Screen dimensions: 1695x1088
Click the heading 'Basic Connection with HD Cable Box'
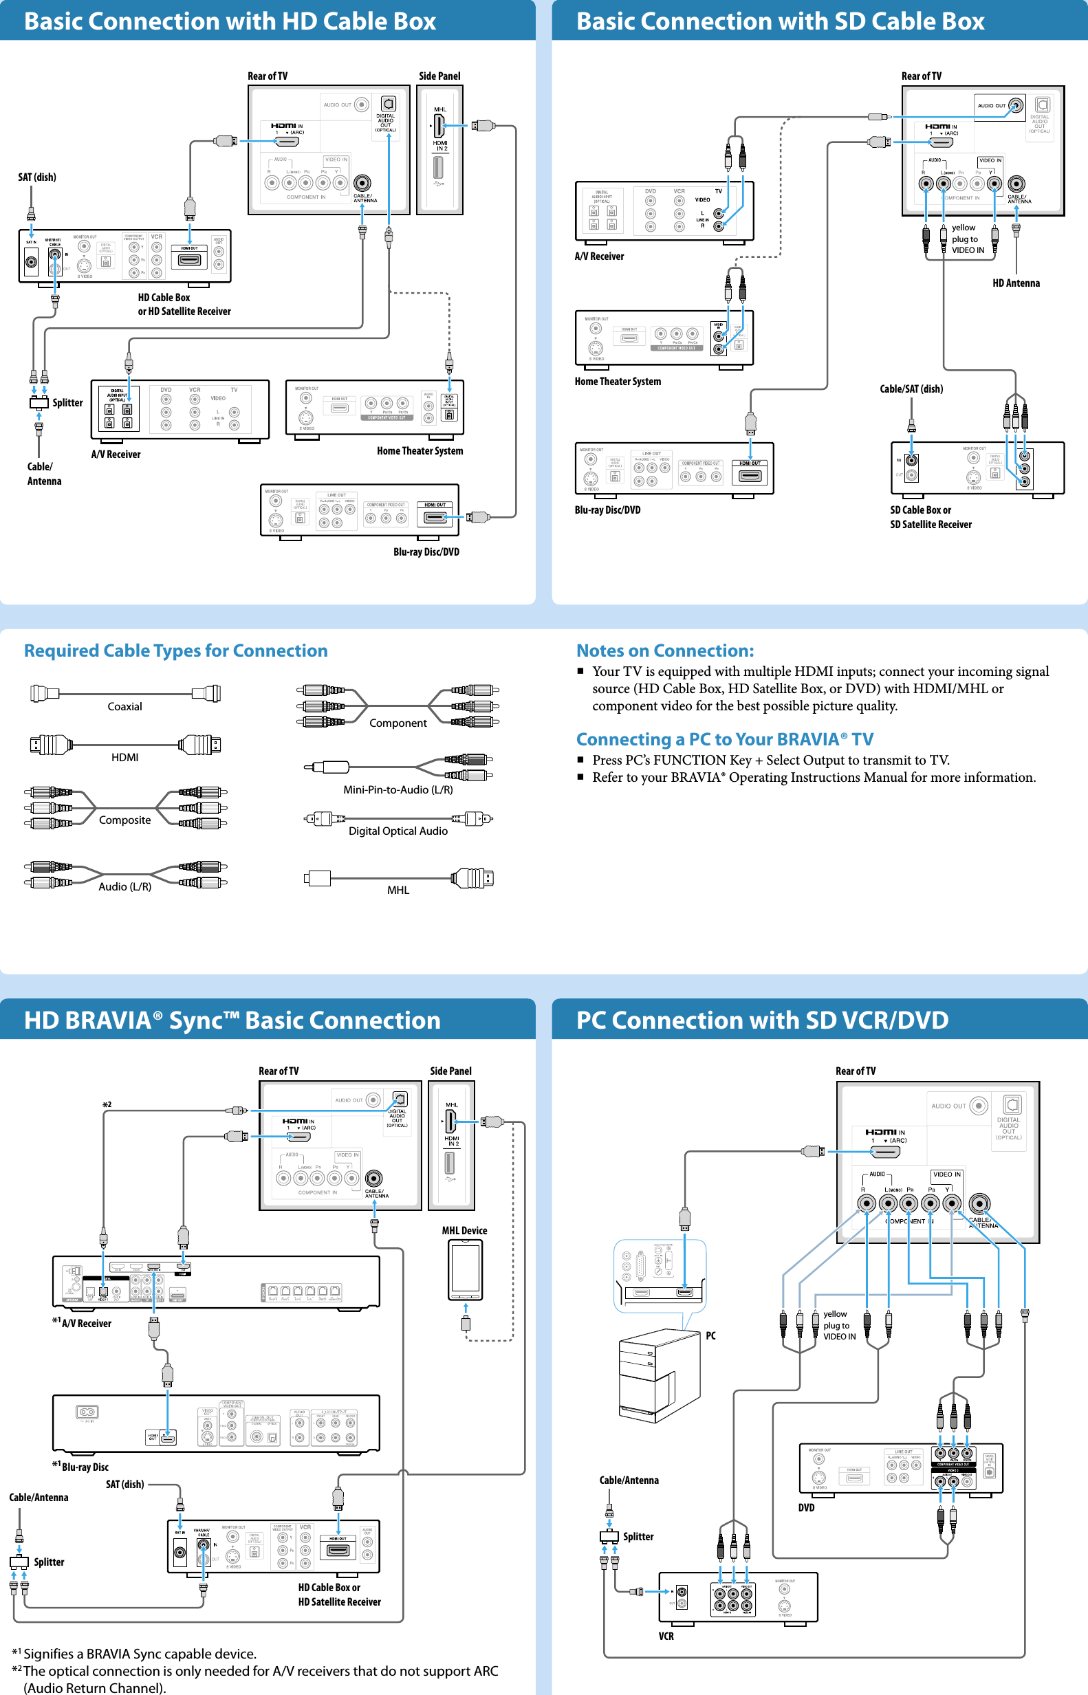pos(230,21)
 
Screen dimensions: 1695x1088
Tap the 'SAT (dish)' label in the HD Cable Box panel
pos(36,177)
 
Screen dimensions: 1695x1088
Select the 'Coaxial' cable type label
pos(124,706)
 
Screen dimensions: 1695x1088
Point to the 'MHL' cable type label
pos(398,890)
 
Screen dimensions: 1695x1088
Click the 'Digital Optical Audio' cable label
pos(398,831)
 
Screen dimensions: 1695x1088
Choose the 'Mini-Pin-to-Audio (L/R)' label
pos(398,789)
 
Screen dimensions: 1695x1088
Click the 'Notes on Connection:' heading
pos(665,650)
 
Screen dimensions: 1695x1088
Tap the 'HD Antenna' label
pos(1015,283)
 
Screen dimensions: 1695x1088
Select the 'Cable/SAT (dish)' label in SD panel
pos(911,389)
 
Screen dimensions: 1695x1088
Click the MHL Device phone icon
pos(465,1269)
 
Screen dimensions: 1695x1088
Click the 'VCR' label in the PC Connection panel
pos(666,1636)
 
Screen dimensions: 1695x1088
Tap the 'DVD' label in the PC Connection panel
pos(806,1507)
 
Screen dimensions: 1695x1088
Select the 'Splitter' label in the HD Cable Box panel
pos(67,402)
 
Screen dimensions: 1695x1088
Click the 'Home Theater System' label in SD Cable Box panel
pos(618,382)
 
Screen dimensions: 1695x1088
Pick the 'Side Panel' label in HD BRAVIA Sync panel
pos(450,1071)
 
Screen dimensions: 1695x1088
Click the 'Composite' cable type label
pos(124,820)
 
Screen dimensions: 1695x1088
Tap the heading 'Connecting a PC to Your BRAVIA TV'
pos(724,739)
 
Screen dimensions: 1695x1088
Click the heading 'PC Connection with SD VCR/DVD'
pos(761,1020)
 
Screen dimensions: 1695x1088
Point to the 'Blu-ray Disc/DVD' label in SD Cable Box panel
pos(607,510)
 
